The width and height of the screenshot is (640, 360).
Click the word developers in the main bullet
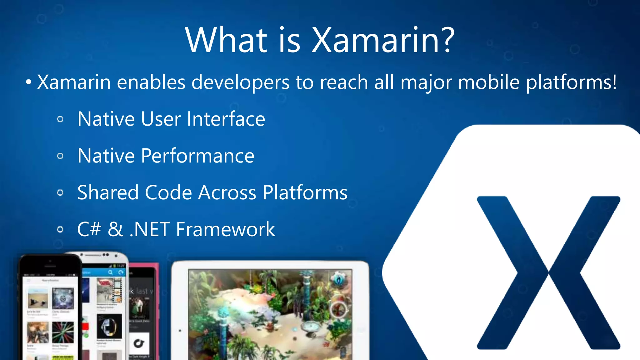click(240, 82)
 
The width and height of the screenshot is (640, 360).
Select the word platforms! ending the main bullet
click(571, 82)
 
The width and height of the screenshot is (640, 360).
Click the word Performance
click(197, 156)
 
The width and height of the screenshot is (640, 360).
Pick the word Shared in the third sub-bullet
click(108, 192)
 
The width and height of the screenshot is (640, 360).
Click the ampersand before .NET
click(115, 229)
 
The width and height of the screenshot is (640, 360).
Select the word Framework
click(225, 229)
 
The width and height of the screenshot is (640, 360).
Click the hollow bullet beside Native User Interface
click(60, 119)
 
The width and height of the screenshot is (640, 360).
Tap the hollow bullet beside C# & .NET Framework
click(60, 230)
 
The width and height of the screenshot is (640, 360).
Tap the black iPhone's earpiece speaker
click(50, 266)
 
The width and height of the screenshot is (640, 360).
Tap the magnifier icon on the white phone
click(110, 272)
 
